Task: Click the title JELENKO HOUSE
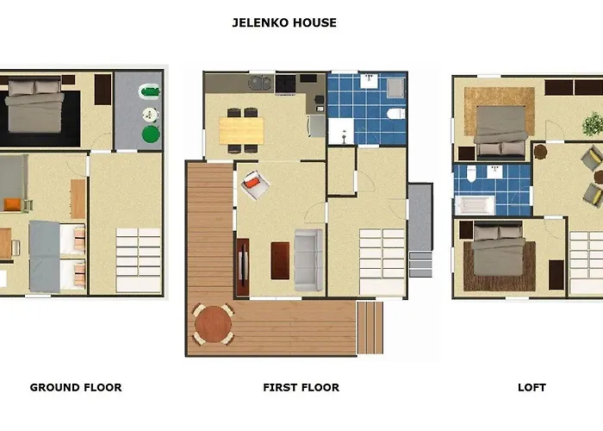tap(284, 23)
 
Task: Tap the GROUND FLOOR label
tap(76, 388)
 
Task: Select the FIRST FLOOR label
tap(301, 388)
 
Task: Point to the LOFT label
tap(532, 388)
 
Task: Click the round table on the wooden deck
tap(212, 324)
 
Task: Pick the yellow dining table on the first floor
tap(241, 129)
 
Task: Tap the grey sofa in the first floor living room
tap(308, 259)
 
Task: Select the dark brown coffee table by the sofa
tap(280, 260)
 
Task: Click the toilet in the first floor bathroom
tap(395, 114)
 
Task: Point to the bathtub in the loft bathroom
tap(475, 205)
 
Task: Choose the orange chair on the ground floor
tap(11, 204)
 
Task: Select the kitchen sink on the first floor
tap(258, 84)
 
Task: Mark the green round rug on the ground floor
tap(151, 134)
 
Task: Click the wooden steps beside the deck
tap(369, 327)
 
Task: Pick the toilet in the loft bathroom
tap(469, 176)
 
